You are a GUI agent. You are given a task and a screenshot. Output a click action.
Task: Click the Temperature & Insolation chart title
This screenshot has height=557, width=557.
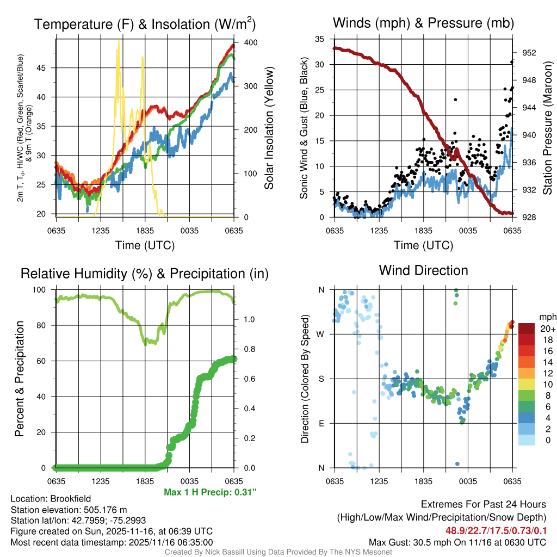145,24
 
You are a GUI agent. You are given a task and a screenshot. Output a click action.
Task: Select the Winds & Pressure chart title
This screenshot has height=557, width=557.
423,23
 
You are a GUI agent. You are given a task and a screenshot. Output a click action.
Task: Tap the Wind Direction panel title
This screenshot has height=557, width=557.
423,270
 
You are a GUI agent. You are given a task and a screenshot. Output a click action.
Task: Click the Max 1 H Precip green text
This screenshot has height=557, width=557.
210,492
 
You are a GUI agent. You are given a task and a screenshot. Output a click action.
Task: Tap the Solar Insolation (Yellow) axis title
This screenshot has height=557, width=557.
269,128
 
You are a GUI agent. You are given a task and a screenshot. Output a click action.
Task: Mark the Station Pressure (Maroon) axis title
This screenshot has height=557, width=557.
548,128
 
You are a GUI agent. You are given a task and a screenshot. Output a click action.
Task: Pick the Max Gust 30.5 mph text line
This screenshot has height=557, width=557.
457,542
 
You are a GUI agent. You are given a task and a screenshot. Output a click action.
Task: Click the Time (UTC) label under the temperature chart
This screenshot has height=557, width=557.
145,245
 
